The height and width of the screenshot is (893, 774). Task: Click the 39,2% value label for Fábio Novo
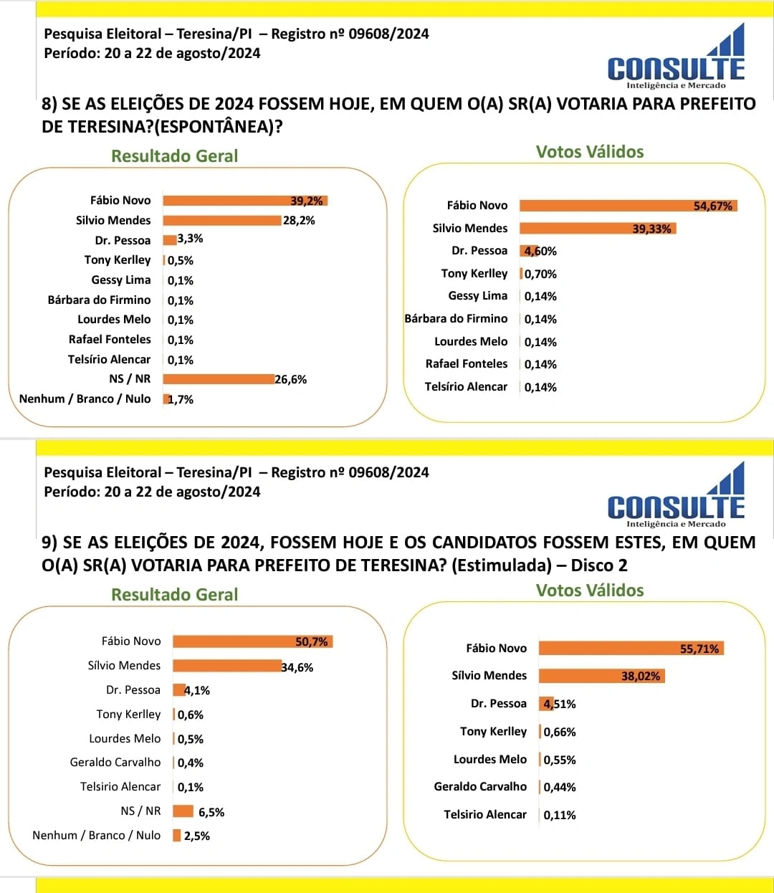pyautogui.click(x=307, y=201)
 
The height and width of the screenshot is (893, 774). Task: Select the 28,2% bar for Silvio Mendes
pyautogui.click(x=221, y=221)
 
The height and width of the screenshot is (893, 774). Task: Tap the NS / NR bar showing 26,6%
pyautogui.click(x=219, y=379)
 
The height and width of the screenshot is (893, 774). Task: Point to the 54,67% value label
pyautogui.click(x=712, y=206)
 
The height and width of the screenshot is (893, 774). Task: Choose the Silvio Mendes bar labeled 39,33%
pyautogui.click(x=597, y=229)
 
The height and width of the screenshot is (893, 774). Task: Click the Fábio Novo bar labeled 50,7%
pyautogui.click(x=252, y=641)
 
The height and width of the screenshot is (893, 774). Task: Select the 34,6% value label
pyautogui.click(x=297, y=668)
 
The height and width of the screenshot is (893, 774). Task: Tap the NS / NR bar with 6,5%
pyautogui.click(x=183, y=811)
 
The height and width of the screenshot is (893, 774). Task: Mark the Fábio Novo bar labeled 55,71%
pyautogui.click(x=631, y=649)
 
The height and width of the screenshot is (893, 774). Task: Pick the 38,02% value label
pyautogui.click(x=641, y=677)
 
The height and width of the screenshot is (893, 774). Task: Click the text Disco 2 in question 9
pyautogui.click(x=598, y=565)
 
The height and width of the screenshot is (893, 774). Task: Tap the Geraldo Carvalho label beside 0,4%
pyautogui.click(x=115, y=763)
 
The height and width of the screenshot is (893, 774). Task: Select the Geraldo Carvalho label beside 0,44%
pyautogui.click(x=479, y=787)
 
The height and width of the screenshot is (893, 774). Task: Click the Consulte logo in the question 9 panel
pyautogui.click(x=676, y=496)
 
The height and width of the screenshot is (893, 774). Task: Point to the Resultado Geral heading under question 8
pyautogui.click(x=174, y=156)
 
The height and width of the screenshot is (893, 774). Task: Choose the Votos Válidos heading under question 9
pyautogui.click(x=590, y=591)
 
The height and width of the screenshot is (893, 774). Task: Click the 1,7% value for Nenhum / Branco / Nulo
pyautogui.click(x=181, y=400)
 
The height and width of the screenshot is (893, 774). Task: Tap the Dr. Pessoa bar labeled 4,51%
pyautogui.click(x=545, y=704)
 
